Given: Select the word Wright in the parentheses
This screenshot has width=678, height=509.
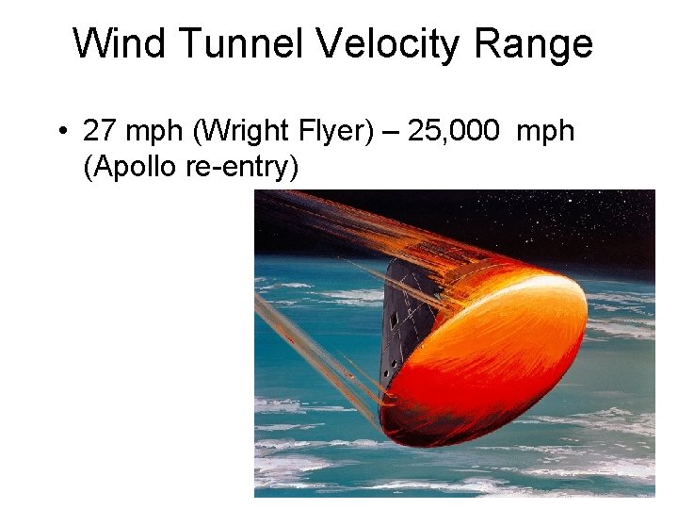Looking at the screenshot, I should click(241, 131).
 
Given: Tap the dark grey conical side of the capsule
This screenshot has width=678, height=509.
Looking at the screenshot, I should click(405, 320).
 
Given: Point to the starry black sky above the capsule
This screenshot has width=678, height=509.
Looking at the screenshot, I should click(565, 212).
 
